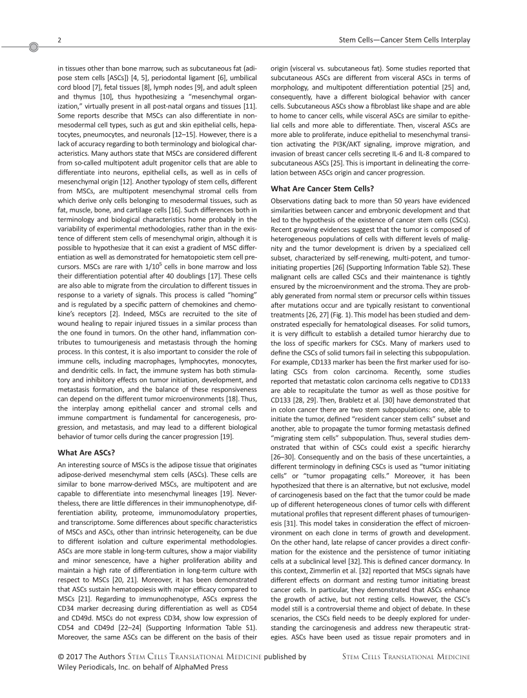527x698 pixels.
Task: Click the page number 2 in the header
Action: point(59,41)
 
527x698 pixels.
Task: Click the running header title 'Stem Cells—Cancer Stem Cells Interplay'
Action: point(404,41)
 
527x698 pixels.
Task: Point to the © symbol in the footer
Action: point(61,657)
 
